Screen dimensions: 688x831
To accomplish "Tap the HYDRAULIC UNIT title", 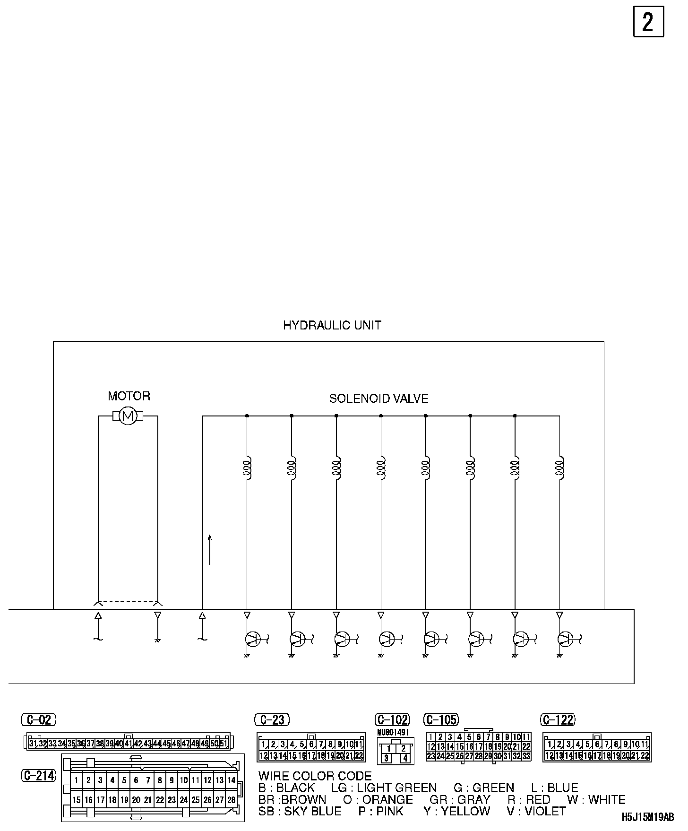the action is pos(332,325).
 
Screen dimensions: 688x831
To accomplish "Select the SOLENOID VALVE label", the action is pos(378,398).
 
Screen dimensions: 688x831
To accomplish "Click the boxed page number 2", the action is pos(648,22).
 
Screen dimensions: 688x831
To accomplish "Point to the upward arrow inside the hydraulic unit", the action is pos(210,549).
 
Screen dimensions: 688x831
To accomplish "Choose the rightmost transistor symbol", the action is pos(565,639).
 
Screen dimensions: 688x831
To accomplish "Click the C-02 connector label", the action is pos(39,719).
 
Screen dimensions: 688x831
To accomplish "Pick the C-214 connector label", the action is pos(39,775).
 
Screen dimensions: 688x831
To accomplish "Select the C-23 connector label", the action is pos(272,719).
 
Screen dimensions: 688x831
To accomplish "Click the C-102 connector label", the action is pos(392,719).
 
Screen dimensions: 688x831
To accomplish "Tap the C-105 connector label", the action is pos(442,719).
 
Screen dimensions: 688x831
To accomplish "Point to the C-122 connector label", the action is pos(558,719).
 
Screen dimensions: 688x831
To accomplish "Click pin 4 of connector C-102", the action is pos(405,758).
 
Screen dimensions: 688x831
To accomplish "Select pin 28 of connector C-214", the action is pos(231,800).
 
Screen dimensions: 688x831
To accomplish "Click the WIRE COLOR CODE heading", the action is pos(315,776).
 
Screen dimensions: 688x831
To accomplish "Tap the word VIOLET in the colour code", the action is pos(545,811).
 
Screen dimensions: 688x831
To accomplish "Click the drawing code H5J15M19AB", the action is pos(648,817).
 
